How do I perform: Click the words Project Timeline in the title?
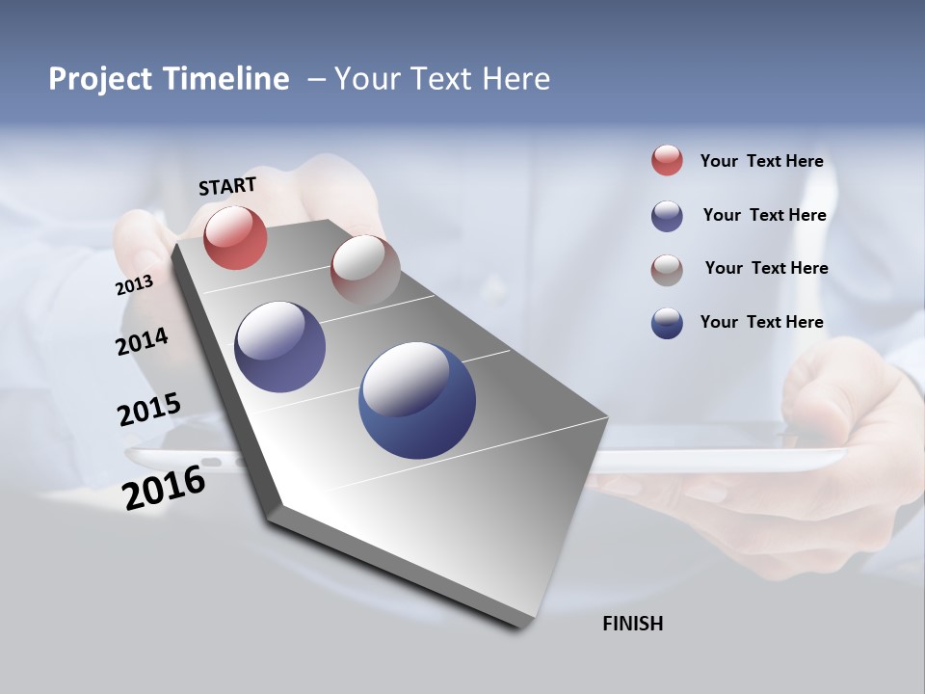tap(169, 79)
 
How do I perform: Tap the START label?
tap(227, 186)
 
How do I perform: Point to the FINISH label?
tap(632, 624)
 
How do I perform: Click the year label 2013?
tap(134, 285)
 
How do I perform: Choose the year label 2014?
tap(142, 341)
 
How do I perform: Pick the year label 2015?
tap(149, 409)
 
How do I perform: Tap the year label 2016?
tap(164, 487)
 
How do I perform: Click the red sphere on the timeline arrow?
tap(235, 237)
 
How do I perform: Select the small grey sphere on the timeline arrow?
tap(365, 269)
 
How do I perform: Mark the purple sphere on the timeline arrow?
tap(279, 347)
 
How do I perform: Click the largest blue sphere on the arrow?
tap(417, 400)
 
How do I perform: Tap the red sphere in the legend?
tap(667, 160)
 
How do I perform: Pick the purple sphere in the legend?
tap(667, 216)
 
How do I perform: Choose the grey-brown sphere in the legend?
tap(667, 270)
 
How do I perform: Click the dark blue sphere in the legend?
tap(667, 323)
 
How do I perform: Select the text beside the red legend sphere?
tap(761, 161)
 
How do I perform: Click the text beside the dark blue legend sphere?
tap(761, 322)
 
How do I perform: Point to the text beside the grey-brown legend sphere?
tap(766, 268)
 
